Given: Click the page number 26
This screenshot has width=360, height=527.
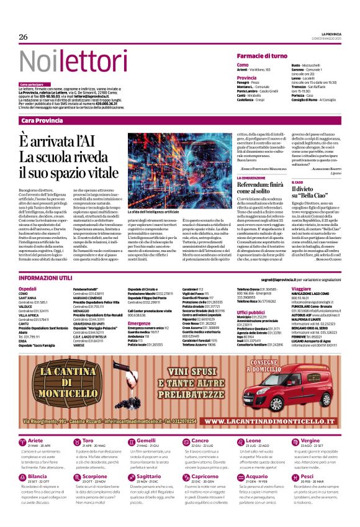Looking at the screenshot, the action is tap(24, 37).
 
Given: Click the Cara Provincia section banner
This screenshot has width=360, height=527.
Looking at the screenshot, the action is tap(44, 120).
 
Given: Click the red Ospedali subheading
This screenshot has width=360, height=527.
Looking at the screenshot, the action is tap(28, 289).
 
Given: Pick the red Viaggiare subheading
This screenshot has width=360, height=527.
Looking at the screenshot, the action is tap(301, 289).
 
